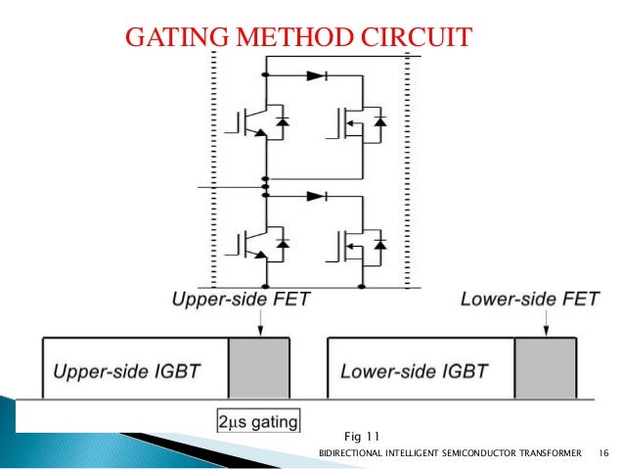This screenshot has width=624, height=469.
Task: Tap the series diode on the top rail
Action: (315, 75)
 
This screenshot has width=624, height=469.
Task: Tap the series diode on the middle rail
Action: (315, 196)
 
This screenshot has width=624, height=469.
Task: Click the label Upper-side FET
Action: (242, 299)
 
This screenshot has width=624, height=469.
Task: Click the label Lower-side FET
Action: (524, 299)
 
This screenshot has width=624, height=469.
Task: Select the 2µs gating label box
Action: (259, 422)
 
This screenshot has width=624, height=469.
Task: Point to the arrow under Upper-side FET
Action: (260, 323)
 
